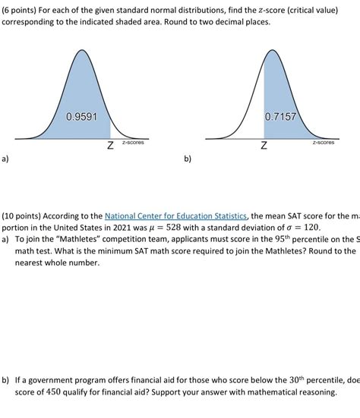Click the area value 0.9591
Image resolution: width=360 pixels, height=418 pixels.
point(81,118)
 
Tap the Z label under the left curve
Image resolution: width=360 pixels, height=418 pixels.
point(110,145)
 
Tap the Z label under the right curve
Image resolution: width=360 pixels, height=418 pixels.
point(263,145)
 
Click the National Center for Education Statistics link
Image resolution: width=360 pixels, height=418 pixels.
point(175,215)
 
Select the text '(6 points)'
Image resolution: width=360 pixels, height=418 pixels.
point(21,8)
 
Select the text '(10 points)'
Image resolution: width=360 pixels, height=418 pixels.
point(23,215)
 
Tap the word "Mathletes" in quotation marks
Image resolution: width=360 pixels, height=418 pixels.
point(90,239)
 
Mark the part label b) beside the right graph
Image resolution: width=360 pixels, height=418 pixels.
point(187,160)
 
